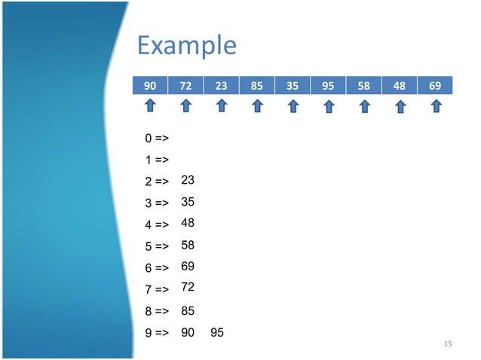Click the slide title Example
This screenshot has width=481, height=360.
tap(186, 47)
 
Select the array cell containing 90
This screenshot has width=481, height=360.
tap(150, 86)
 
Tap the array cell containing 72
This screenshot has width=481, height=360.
tap(185, 86)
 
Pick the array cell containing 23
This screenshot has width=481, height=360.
tap(221, 86)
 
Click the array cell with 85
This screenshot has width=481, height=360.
tap(257, 86)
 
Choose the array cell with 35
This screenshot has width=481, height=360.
tap(293, 86)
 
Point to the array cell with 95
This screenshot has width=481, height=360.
tap(328, 86)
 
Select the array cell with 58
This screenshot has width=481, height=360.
tap(364, 86)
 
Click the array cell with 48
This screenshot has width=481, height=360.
tap(400, 86)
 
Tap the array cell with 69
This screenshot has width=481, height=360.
tap(435, 86)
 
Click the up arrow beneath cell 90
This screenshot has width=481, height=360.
tap(150, 108)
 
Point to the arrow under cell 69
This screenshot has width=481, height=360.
tap(436, 108)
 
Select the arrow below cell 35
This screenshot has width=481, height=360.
tap(293, 108)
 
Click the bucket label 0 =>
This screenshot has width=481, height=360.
tap(156, 139)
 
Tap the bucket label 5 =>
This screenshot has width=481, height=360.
tap(156, 246)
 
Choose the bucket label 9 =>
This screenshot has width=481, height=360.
tap(156, 332)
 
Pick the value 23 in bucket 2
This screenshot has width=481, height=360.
tap(188, 181)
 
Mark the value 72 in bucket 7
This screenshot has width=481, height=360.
tap(188, 288)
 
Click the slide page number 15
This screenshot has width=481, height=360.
tap(448, 344)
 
